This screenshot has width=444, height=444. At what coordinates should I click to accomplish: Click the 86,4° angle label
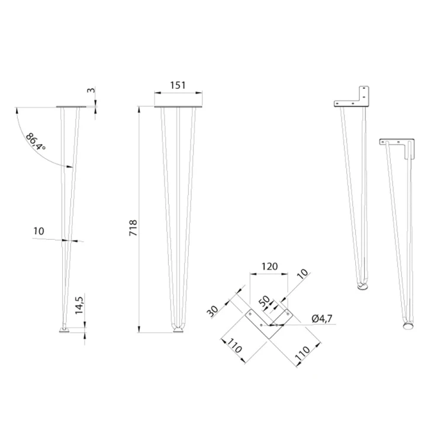tap(36, 142)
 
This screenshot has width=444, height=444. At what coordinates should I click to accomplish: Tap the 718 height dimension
tap(133, 228)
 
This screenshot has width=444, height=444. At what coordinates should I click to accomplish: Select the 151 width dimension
tap(178, 85)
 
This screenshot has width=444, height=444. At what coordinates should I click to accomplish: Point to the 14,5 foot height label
tap(79, 305)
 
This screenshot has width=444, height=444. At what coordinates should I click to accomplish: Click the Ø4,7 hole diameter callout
tap(322, 318)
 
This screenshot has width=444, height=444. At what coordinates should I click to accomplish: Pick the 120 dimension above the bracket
tap(269, 266)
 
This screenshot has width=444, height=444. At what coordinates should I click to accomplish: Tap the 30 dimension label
tap(213, 311)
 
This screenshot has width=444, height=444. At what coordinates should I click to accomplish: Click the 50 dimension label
tap(265, 301)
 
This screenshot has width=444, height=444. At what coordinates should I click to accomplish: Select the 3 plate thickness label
tap(91, 91)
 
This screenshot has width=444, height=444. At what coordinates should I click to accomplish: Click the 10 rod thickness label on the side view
tap(39, 231)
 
